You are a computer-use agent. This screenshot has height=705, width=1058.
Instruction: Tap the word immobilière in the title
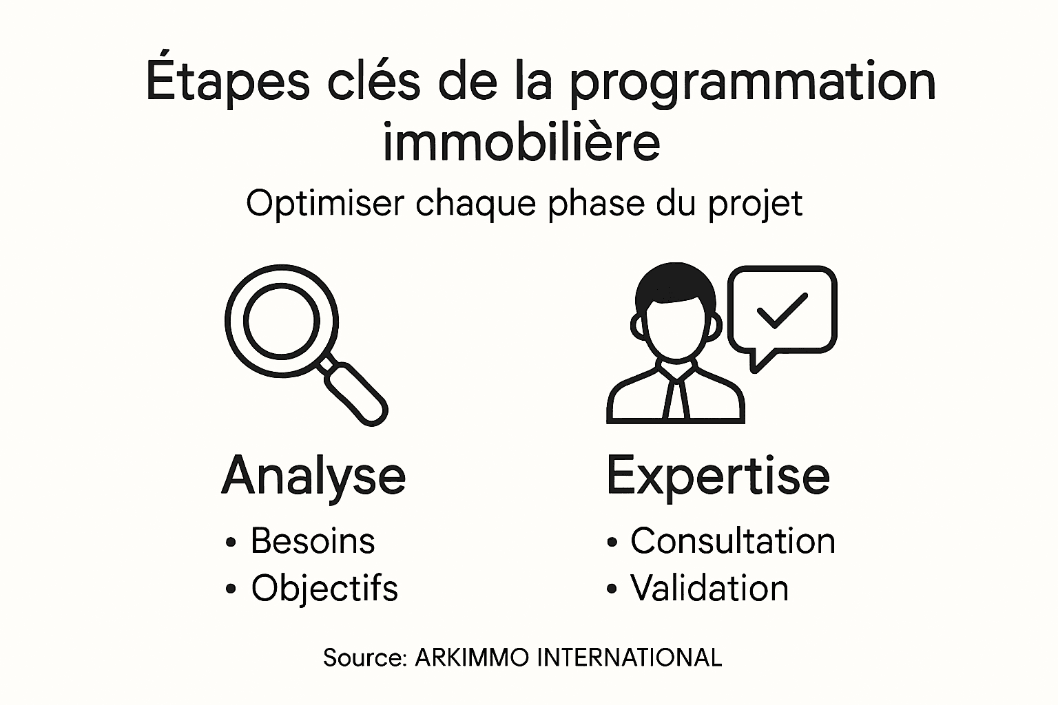521,142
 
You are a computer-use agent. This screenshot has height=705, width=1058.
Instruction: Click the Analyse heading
314,475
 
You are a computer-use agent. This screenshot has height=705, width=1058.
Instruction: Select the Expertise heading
718,475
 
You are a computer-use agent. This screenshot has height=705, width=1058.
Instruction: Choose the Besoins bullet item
313,540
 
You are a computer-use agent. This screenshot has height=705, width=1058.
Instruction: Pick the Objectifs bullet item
324,589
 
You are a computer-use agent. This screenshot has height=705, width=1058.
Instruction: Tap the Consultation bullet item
733,540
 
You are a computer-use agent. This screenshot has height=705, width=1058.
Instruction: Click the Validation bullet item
709,589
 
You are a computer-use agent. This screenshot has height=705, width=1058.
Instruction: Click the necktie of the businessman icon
676,399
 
